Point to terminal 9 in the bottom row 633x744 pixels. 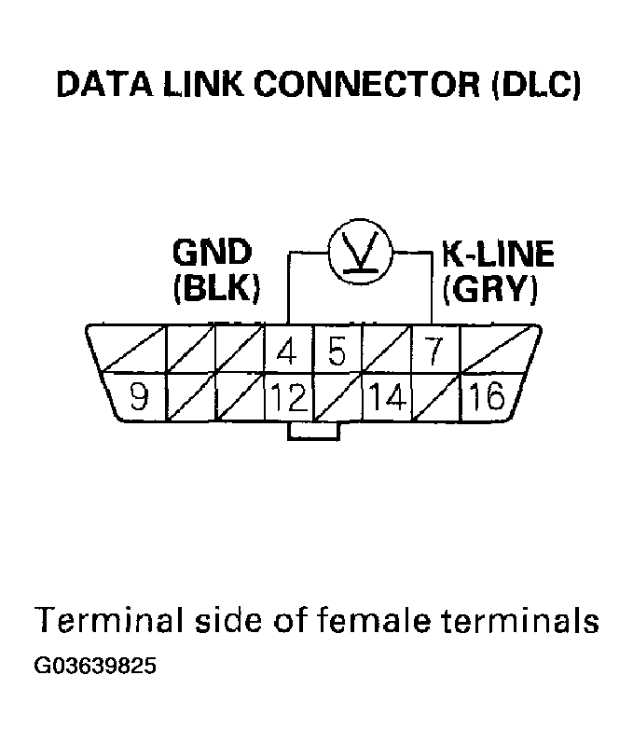tap(139, 398)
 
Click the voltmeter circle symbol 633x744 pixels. tap(360, 253)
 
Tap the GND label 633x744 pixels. tap(212, 254)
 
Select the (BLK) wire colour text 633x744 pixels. tap(215, 289)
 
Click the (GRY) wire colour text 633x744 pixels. tap(489, 289)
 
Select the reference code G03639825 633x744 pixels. tap(94, 667)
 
